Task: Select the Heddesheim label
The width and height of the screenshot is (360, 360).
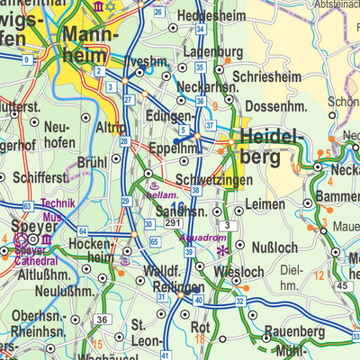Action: coord(215,16)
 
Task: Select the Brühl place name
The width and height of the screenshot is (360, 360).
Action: coord(92,163)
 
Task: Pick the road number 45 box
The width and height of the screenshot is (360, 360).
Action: coord(342,286)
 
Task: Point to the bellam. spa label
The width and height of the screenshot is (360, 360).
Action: coord(162,194)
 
